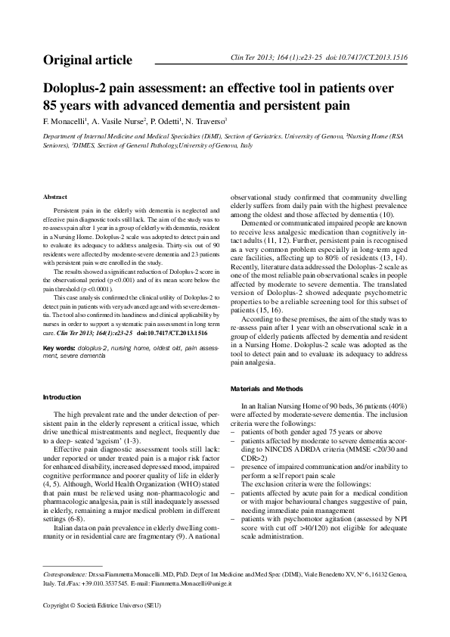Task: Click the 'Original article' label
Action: [87, 60]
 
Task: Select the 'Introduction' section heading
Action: [63, 396]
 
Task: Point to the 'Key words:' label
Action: [60, 347]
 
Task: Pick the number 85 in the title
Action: [52, 104]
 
